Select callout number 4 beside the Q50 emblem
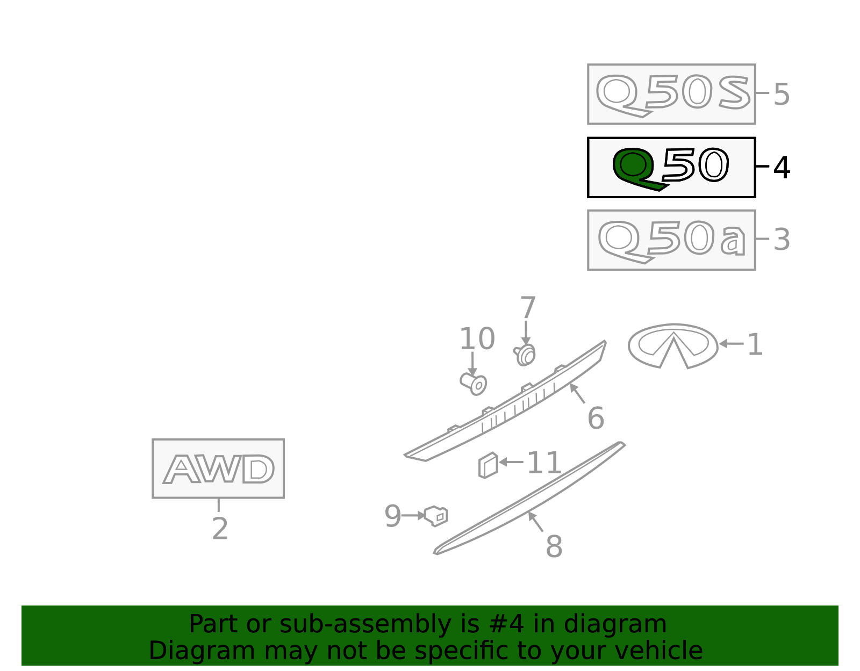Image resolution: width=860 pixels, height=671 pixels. pyautogui.click(x=782, y=168)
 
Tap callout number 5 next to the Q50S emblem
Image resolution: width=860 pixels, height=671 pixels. pyautogui.click(x=782, y=95)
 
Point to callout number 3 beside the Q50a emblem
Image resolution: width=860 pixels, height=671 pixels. pyautogui.click(x=782, y=240)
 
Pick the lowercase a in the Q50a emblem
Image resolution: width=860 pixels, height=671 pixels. pyautogui.click(x=733, y=240)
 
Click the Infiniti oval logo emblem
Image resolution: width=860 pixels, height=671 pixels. pyautogui.click(x=673, y=345)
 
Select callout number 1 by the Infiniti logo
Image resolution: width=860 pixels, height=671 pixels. pyautogui.click(x=754, y=345)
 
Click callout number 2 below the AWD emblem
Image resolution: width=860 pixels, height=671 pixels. pyautogui.click(x=220, y=529)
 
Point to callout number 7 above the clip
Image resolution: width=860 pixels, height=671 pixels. pyautogui.click(x=528, y=307)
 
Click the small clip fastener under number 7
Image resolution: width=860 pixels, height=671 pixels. pyautogui.click(x=525, y=355)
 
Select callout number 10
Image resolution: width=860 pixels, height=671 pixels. pyautogui.click(x=477, y=338)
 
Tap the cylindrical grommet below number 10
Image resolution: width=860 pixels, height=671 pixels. pyautogui.click(x=474, y=384)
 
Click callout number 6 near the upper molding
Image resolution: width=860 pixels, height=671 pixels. pyautogui.click(x=596, y=418)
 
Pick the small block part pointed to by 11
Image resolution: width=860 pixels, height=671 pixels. pyautogui.click(x=488, y=465)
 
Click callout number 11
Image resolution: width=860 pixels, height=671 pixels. pyautogui.click(x=544, y=463)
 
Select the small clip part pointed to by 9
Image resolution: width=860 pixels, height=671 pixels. pyautogui.click(x=436, y=516)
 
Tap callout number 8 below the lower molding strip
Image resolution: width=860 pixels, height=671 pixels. pyautogui.click(x=554, y=546)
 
